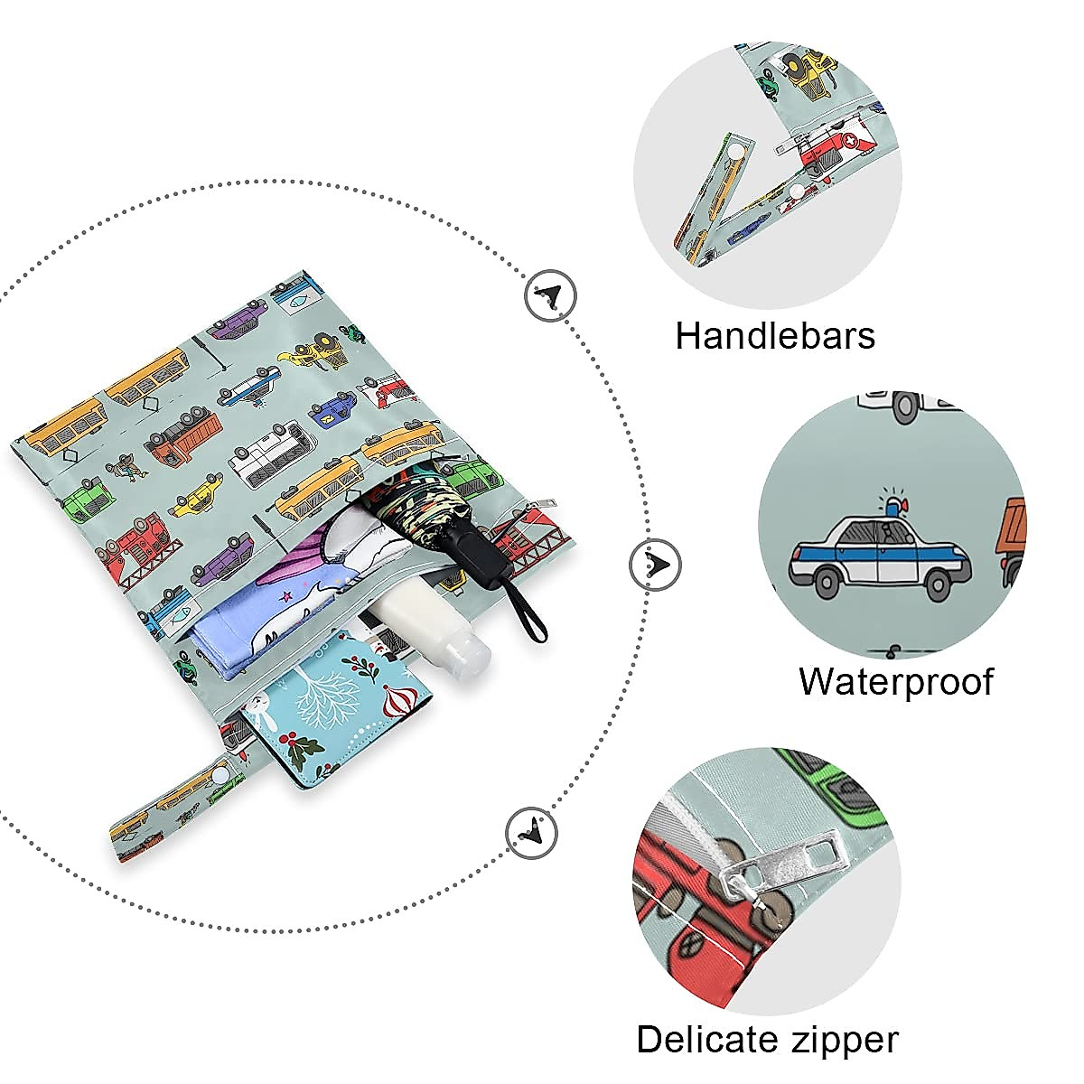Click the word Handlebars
[x=775, y=336]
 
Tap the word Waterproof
[x=895, y=681]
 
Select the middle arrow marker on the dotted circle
[x=655, y=565]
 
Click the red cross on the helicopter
[x=852, y=141]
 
